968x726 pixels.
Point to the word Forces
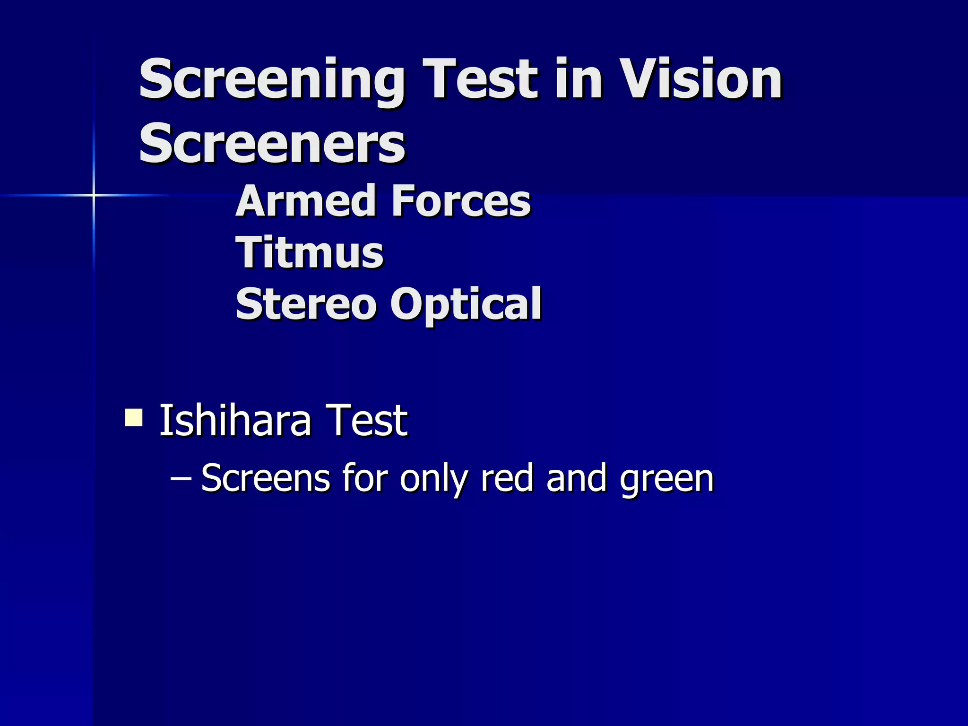click(x=461, y=201)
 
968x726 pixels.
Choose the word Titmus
click(x=310, y=252)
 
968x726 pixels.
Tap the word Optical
click(x=466, y=305)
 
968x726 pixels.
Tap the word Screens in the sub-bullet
click(x=265, y=478)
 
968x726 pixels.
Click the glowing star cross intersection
click(x=94, y=195)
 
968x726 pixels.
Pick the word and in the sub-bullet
click(x=576, y=478)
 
